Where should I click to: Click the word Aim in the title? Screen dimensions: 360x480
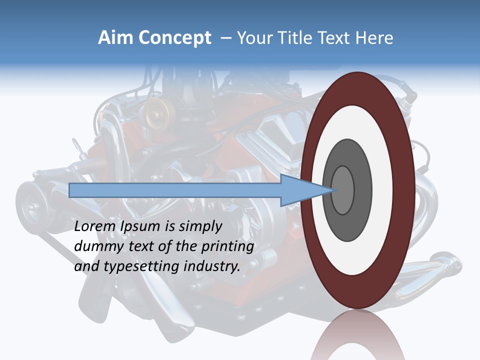[x=116, y=38]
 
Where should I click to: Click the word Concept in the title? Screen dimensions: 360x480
[x=175, y=38]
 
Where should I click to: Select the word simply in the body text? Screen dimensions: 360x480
[x=199, y=227]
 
